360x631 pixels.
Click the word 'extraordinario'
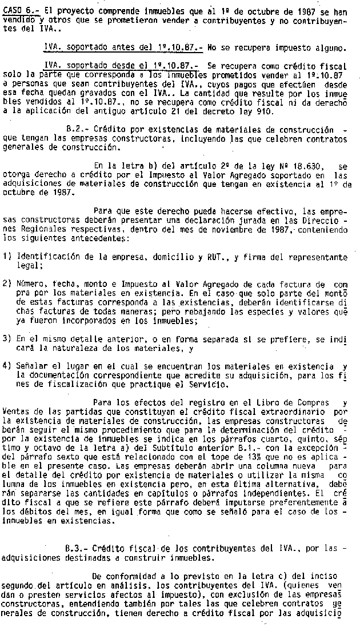pos(295,412)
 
